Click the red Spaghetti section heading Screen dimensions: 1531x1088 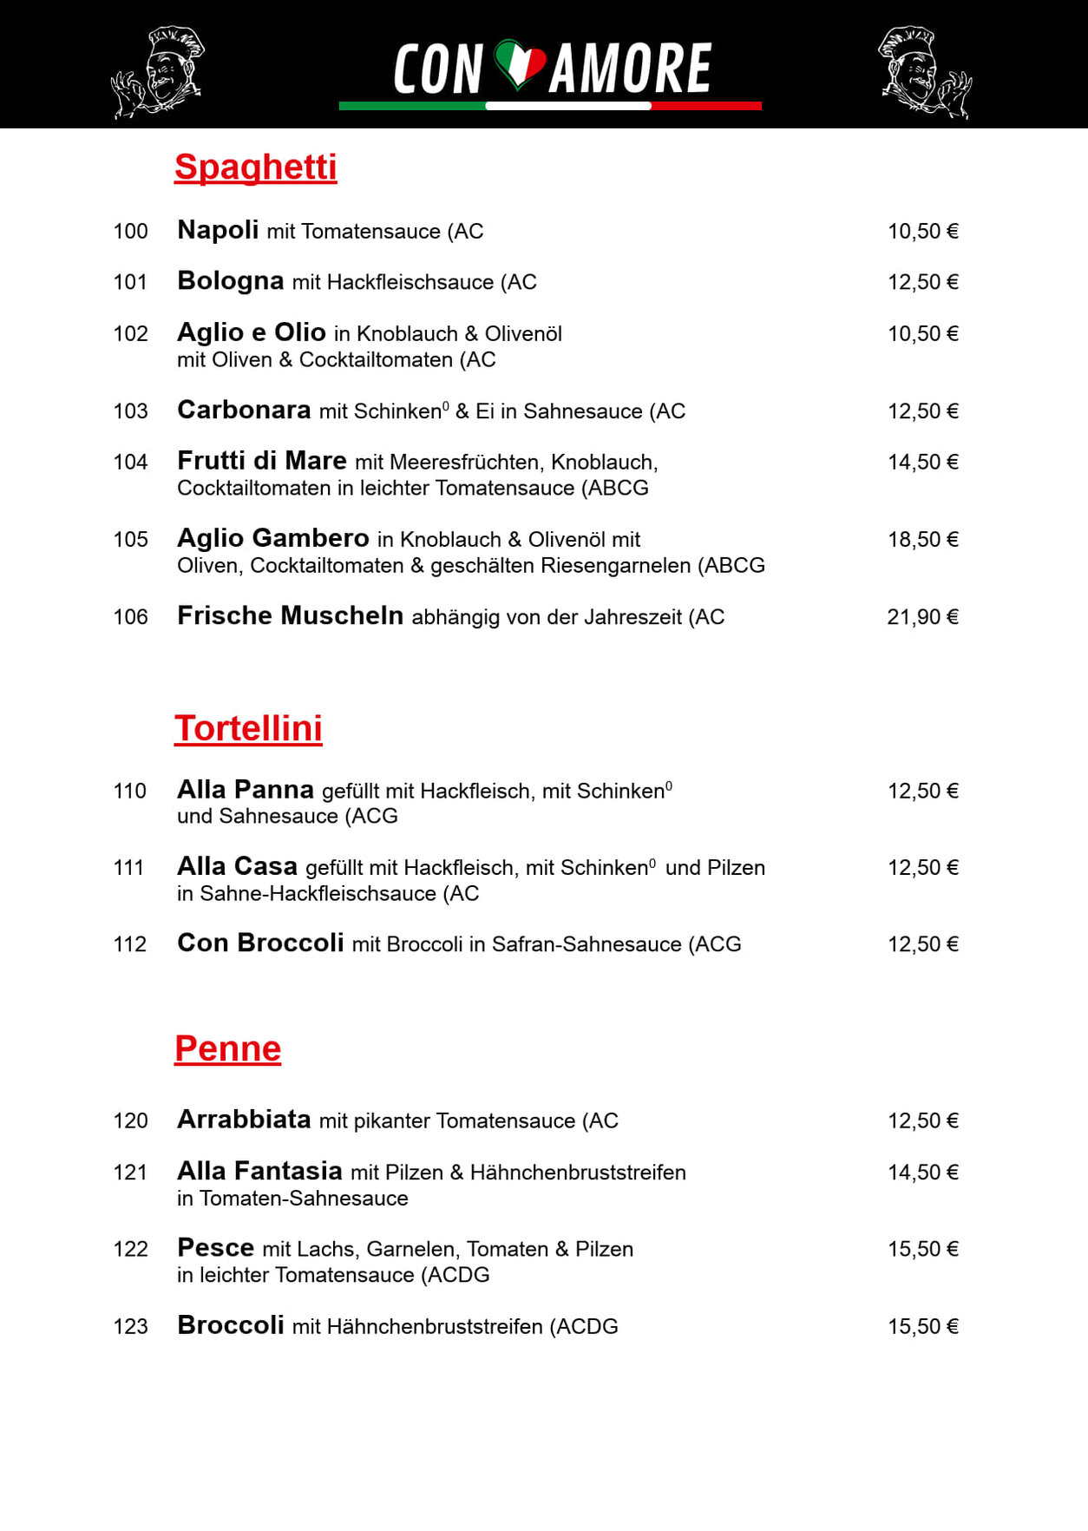(255, 168)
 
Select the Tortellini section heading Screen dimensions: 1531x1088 (248, 729)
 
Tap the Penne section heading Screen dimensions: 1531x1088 (227, 1048)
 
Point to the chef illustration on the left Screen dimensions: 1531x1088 (158, 72)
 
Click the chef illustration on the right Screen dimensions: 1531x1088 (925, 72)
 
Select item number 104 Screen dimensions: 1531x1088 (130, 463)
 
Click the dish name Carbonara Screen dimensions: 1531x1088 (244, 411)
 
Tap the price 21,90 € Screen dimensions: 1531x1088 (922, 617)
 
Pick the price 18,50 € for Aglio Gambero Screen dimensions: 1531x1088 (922, 540)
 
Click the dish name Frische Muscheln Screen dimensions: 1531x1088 (290, 616)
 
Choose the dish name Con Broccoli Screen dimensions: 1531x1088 (260, 943)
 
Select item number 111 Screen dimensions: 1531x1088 (128, 868)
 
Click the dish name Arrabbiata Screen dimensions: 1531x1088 (244, 1120)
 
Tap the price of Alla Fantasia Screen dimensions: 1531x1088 (922, 1173)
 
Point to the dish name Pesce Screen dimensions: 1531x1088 (215, 1248)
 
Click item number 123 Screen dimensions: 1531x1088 (130, 1327)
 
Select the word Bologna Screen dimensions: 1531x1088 (230, 281)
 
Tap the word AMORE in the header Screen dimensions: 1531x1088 (631, 69)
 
